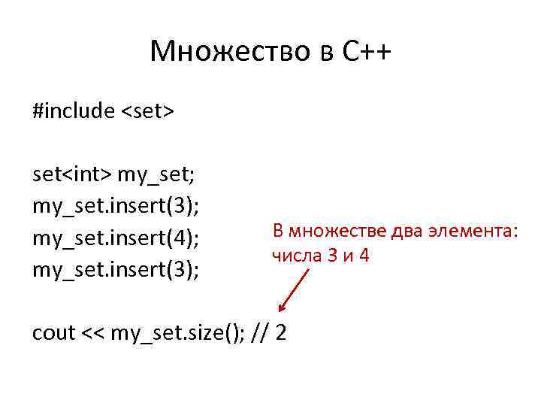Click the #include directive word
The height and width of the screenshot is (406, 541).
pos(73,111)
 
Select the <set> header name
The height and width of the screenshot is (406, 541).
pos(148,111)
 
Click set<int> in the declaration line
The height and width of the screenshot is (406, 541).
pos(72,174)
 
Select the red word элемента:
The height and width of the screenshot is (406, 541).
pos(474,231)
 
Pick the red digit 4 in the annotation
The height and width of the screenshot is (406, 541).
pos(364,256)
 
